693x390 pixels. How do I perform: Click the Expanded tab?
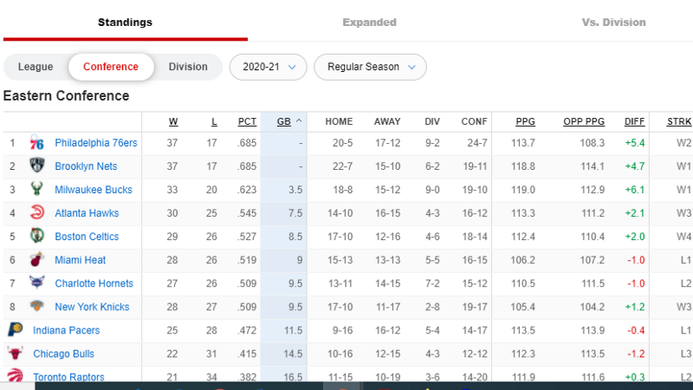(369, 23)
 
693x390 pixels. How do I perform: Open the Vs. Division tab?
(613, 23)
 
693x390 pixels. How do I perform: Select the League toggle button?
(36, 67)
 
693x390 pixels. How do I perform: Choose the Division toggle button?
(188, 67)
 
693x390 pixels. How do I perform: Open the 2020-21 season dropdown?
(269, 68)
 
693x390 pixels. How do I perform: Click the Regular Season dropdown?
(371, 68)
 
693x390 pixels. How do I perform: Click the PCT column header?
(247, 121)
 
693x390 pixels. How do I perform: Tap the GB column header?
(284, 121)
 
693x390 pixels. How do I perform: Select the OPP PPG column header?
(584, 121)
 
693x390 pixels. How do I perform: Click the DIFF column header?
(634, 121)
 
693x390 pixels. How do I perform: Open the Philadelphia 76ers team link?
(96, 143)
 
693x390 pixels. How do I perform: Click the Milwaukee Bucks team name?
(94, 190)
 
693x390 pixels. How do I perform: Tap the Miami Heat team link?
(80, 260)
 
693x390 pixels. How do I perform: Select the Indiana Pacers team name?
(67, 330)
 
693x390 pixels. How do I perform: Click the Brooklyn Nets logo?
(36, 165)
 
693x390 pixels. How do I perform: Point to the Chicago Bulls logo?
(15, 353)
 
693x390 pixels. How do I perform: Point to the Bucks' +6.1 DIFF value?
(635, 190)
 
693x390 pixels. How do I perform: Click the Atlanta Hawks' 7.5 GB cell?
(295, 213)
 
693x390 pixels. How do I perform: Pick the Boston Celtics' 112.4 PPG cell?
(523, 237)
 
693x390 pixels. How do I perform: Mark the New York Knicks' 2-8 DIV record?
(432, 307)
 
